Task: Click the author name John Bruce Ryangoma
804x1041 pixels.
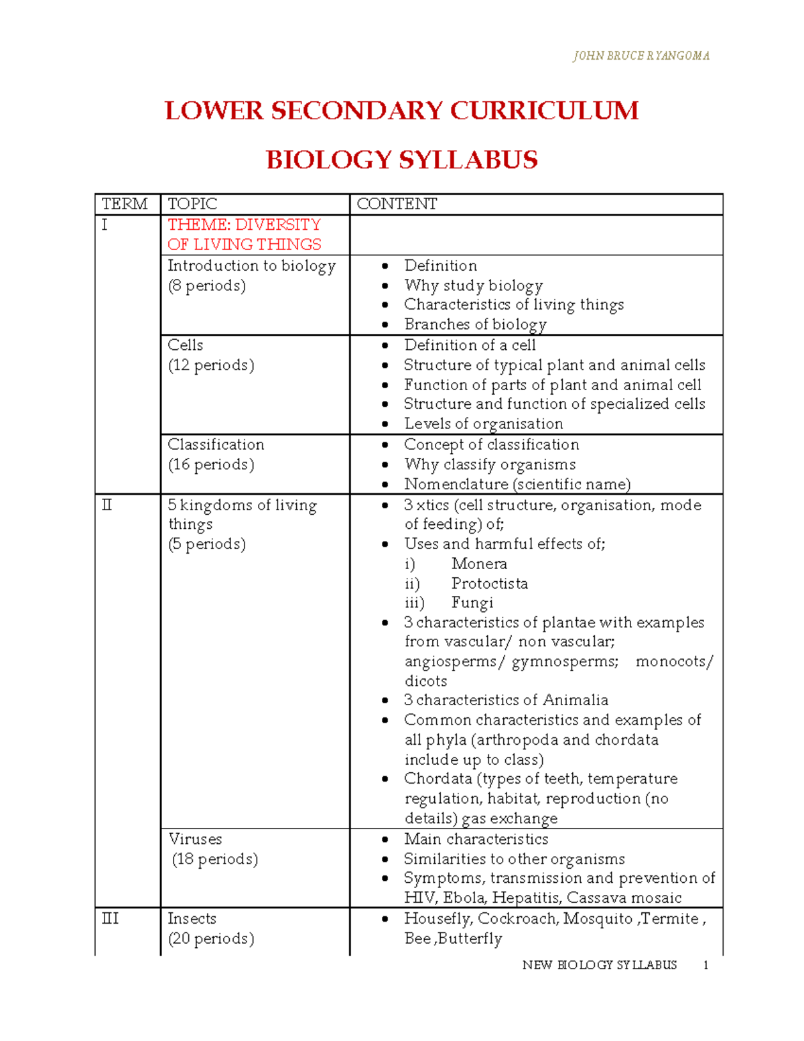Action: point(641,56)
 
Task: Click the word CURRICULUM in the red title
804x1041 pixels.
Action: point(544,111)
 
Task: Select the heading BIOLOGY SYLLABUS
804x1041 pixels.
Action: point(401,160)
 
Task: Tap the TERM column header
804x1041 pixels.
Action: point(125,204)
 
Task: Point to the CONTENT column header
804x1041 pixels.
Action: point(397,204)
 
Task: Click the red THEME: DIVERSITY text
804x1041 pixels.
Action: point(244,225)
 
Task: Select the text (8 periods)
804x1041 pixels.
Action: point(207,286)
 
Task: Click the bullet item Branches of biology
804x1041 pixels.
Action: point(475,324)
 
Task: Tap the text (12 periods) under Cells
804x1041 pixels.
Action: point(211,365)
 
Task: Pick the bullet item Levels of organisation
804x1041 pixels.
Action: point(483,424)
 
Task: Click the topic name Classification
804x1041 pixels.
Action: point(216,444)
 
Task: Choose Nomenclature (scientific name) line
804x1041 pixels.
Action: point(517,484)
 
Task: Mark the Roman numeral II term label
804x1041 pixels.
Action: point(107,505)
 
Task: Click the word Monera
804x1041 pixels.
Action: point(479,564)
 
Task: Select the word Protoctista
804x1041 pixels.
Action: point(489,583)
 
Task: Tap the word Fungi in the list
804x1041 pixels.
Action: point(472,603)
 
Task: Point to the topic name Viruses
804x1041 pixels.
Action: point(195,839)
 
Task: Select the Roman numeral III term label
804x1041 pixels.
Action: point(109,918)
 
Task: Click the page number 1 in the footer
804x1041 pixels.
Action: point(706,965)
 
